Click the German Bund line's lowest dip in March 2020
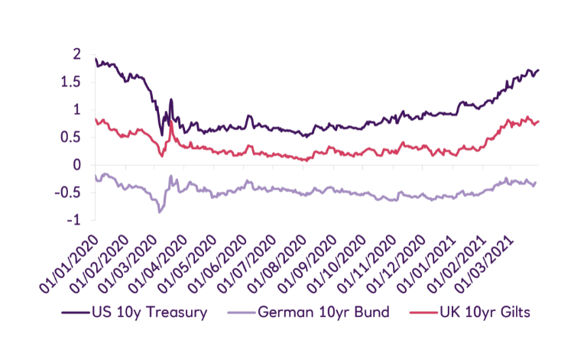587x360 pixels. [x=160, y=211]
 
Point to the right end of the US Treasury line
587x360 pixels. [x=538, y=70]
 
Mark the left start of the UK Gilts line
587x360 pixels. [x=95, y=118]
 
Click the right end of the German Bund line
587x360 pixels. [x=537, y=181]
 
